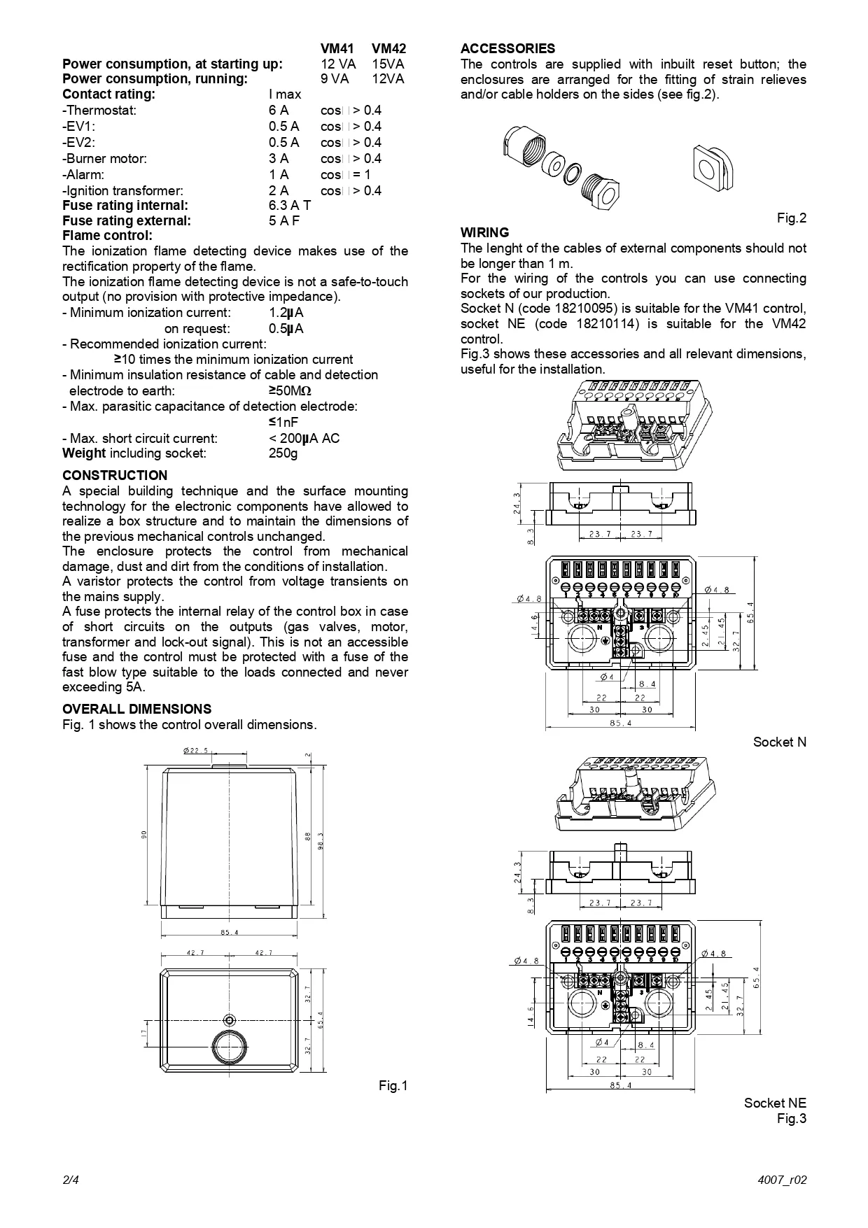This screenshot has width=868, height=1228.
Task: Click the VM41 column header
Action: [x=337, y=49]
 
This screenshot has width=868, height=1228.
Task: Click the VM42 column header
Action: [x=388, y=49]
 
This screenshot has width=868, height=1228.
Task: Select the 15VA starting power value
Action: [x=388, y=64]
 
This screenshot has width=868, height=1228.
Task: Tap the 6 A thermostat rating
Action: [x=279, y=111]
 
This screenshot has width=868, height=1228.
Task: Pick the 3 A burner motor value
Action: [x=279, y=159]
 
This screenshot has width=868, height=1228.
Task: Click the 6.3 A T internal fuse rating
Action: [x=290, y=206]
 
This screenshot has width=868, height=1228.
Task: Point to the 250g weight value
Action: [x=283, y=453]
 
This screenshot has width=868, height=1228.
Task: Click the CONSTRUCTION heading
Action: [x=115, y=476]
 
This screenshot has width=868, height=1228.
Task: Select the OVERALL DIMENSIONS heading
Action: [x=136, y=709]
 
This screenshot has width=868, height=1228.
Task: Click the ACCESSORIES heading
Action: [x=507, y=49]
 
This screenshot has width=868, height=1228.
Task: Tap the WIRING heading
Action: [x=484, y=232]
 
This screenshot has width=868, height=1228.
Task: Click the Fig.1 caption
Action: [x=393, y=1086]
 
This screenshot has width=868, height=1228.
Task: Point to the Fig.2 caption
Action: [x=792, y=218]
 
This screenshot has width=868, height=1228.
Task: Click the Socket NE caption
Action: [x=775, y=1103]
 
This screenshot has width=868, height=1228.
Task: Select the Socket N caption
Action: [x=780, y=742]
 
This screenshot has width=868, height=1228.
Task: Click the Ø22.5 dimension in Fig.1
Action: [x=195, y=751]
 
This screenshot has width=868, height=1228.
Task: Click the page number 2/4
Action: [x=71, y=1180]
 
